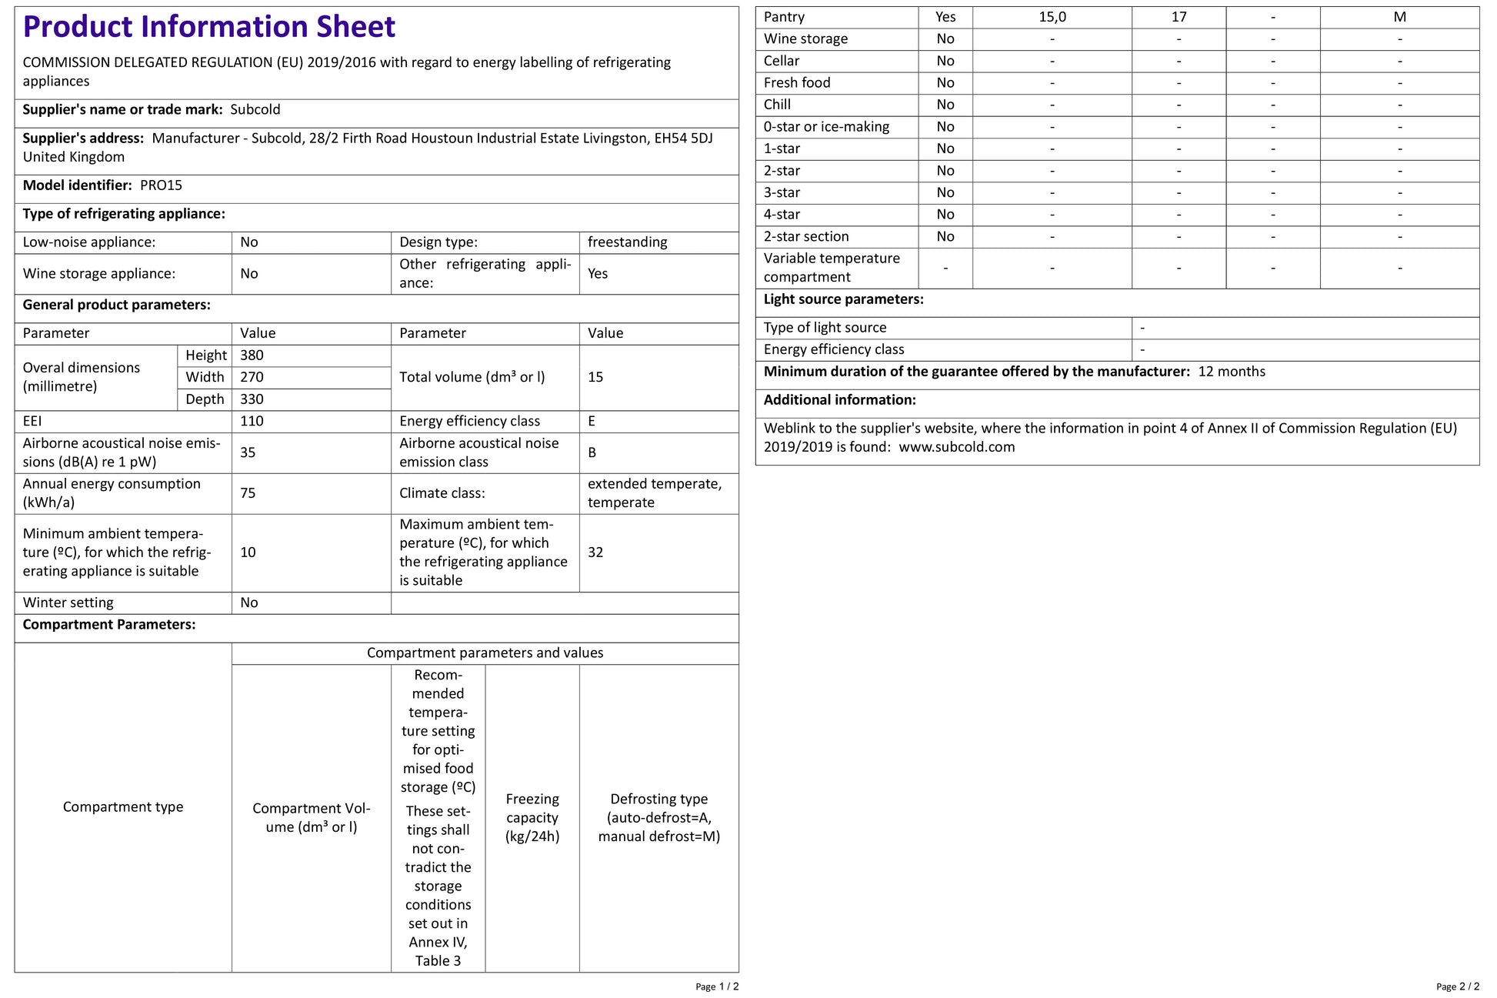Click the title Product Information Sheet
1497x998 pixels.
[209, 27]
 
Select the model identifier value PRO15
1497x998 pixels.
[161, 185]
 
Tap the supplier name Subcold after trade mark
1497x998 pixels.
[255, 110]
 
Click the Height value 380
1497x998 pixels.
[252, 355]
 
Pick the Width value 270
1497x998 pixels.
[252, 377]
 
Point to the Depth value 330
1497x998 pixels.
[252, 399]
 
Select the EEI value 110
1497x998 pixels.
[252, 421]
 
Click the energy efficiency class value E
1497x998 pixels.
[592, 421]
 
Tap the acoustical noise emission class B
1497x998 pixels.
[592, 452]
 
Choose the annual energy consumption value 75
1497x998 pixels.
[248, 493]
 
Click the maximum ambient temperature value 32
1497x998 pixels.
[595, 552]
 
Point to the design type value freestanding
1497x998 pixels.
[627, 242]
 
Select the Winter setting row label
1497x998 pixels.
[68, 602]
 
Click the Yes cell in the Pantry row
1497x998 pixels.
[945, 17]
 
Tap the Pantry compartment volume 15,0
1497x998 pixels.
[1052, 17]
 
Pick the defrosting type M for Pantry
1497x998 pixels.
[1399, 17]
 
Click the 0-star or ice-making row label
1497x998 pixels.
[826, 127]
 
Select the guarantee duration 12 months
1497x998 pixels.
[1232, 372]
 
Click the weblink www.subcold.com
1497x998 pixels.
[956, 447]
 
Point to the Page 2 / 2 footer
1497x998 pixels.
[1457, 986]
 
